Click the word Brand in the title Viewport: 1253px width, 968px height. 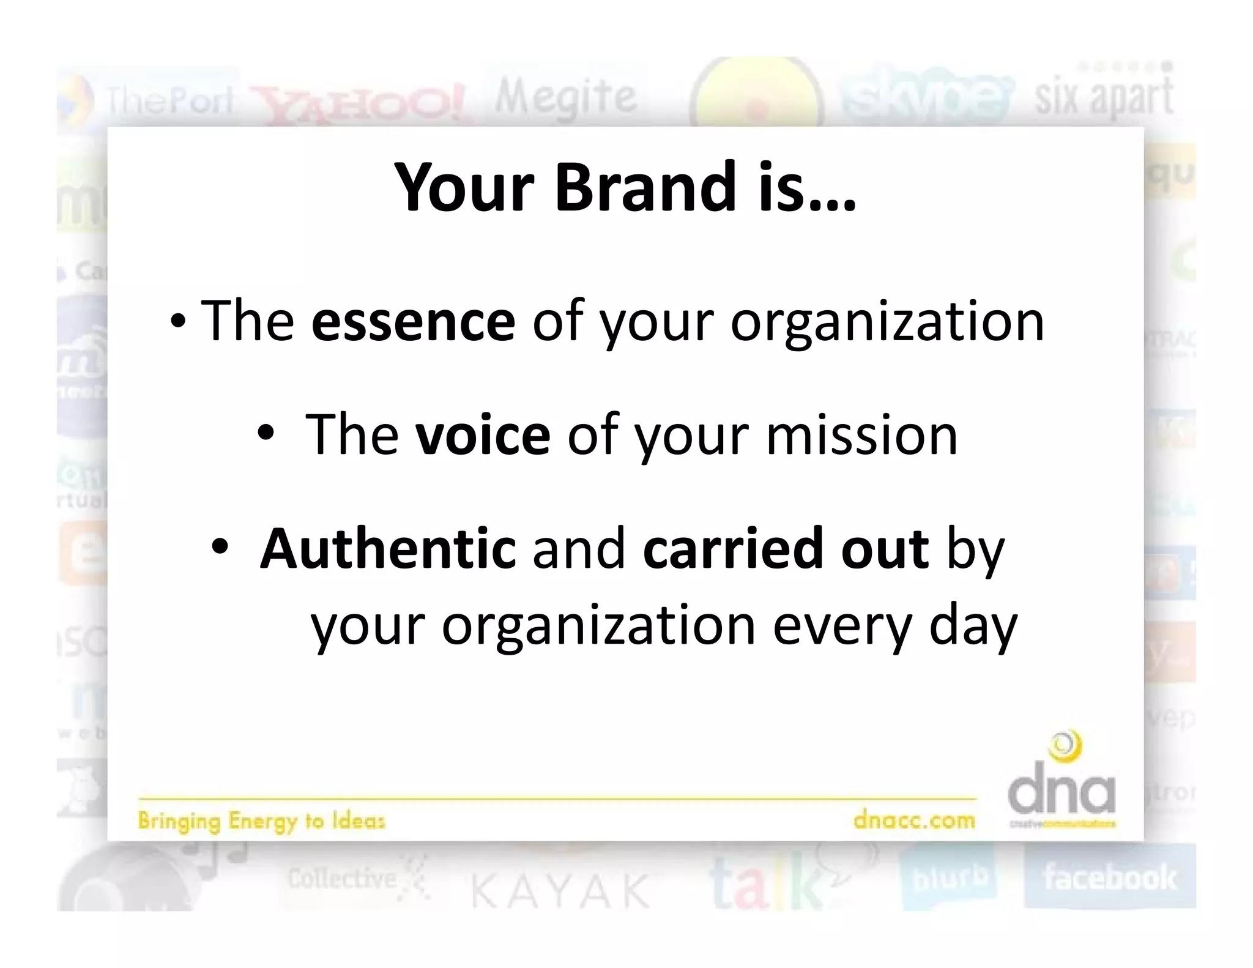pyautogui.click(x=645, y=187)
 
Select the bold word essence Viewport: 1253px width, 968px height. pyautogui.click(x=413, y=321)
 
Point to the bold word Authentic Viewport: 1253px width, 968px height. pyautogui.click(x=388, y=548)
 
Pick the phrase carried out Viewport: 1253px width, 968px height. pyautogui.click(x=786, y=548)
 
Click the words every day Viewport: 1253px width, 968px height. pyautogui.click(x=894, y=625)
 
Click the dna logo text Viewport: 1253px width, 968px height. pyautogui.click(x=1062, y=793)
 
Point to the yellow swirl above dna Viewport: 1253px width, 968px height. pyautogui.click(x=1065, y=746)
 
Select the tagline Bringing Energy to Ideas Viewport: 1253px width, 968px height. pyautogui.click(x=261, y=821)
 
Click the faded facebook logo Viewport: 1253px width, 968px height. pyautogui.click(x=1109, y=877)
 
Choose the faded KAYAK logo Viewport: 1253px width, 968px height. pyautogui.click(x=560, y=891)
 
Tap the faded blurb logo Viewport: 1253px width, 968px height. pyautogui.click(x=950, y=879)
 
